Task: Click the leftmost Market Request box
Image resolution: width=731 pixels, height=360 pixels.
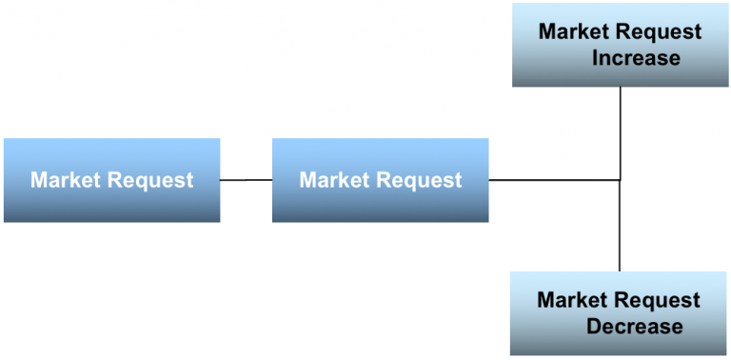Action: (x=111, y=180)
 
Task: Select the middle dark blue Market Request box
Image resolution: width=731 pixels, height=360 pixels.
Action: (x=380, y=180)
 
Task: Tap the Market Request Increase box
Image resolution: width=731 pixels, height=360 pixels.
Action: (x=621, y=45)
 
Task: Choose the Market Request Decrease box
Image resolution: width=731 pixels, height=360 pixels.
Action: (x=620, y=313)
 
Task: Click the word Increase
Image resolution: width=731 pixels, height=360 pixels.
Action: (x=636, y=58)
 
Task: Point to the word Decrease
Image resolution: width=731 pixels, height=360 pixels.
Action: (x=634, y=327)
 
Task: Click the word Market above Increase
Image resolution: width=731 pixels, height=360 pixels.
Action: (x=574, y=31)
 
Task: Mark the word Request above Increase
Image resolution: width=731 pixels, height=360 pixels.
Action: (x=658, y=32)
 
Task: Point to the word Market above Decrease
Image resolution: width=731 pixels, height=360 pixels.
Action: (x=572, y=301)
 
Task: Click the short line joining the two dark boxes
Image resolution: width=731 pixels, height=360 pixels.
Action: (x=246, y=180)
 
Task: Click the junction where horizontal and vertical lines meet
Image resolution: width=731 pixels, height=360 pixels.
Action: (x=621, y=179)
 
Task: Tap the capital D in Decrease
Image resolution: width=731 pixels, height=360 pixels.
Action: (x=594, y=327)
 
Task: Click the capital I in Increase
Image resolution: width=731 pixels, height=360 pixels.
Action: (x=595, y=58)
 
